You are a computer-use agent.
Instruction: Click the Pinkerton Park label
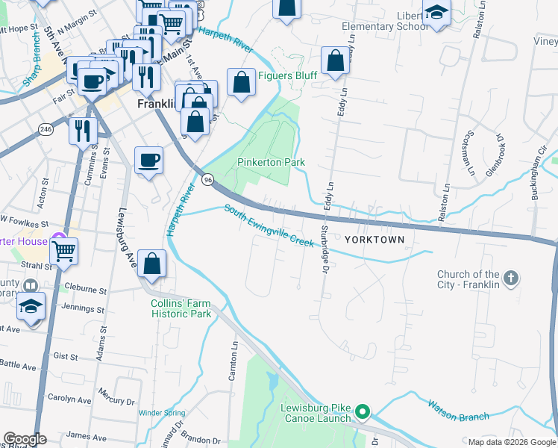tap(272, 162)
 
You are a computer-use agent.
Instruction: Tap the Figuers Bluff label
tap(287, 76)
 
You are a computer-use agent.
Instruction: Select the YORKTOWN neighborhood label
tap(374, 240)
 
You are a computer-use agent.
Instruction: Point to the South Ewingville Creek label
tap(269, 228)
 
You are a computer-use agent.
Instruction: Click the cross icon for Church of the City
tap(510, 279)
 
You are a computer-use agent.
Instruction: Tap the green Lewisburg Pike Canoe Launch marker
tap(363, 411)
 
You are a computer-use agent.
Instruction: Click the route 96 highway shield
tap(208, 179)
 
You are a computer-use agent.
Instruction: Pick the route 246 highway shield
tap(46, 129)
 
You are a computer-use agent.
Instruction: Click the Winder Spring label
tap(161, 412)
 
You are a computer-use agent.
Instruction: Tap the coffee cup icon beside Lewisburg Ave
tap(149, 159)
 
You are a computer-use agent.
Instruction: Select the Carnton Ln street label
tap(233, 361)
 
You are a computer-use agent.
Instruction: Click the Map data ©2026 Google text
tap(511, 442)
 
